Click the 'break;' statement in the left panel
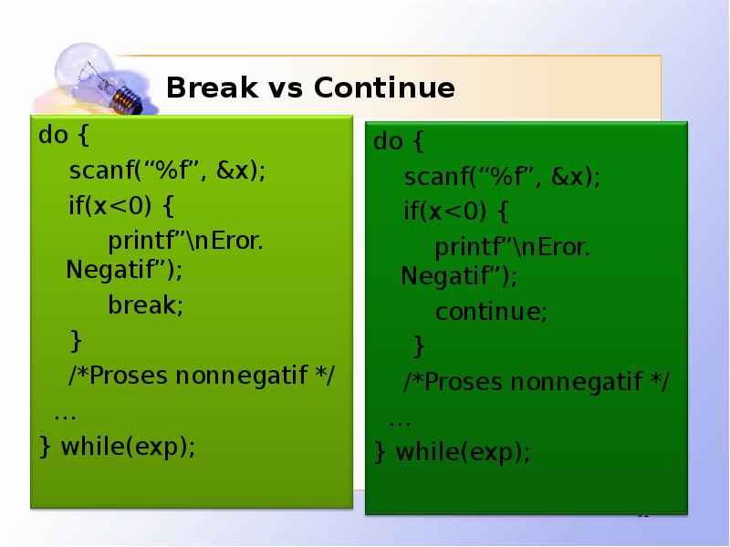click(146, 305)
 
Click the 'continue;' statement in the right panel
click(491, 312)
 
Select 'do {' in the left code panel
click(64, 137)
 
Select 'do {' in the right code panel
click(399, 142)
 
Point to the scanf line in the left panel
click(167, 171)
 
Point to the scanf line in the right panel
click(502, 177)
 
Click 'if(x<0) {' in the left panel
click(120, 206)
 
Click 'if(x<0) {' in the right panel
click(456, 212)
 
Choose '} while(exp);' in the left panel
click(117, 447)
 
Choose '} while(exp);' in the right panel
click(452, 452)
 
